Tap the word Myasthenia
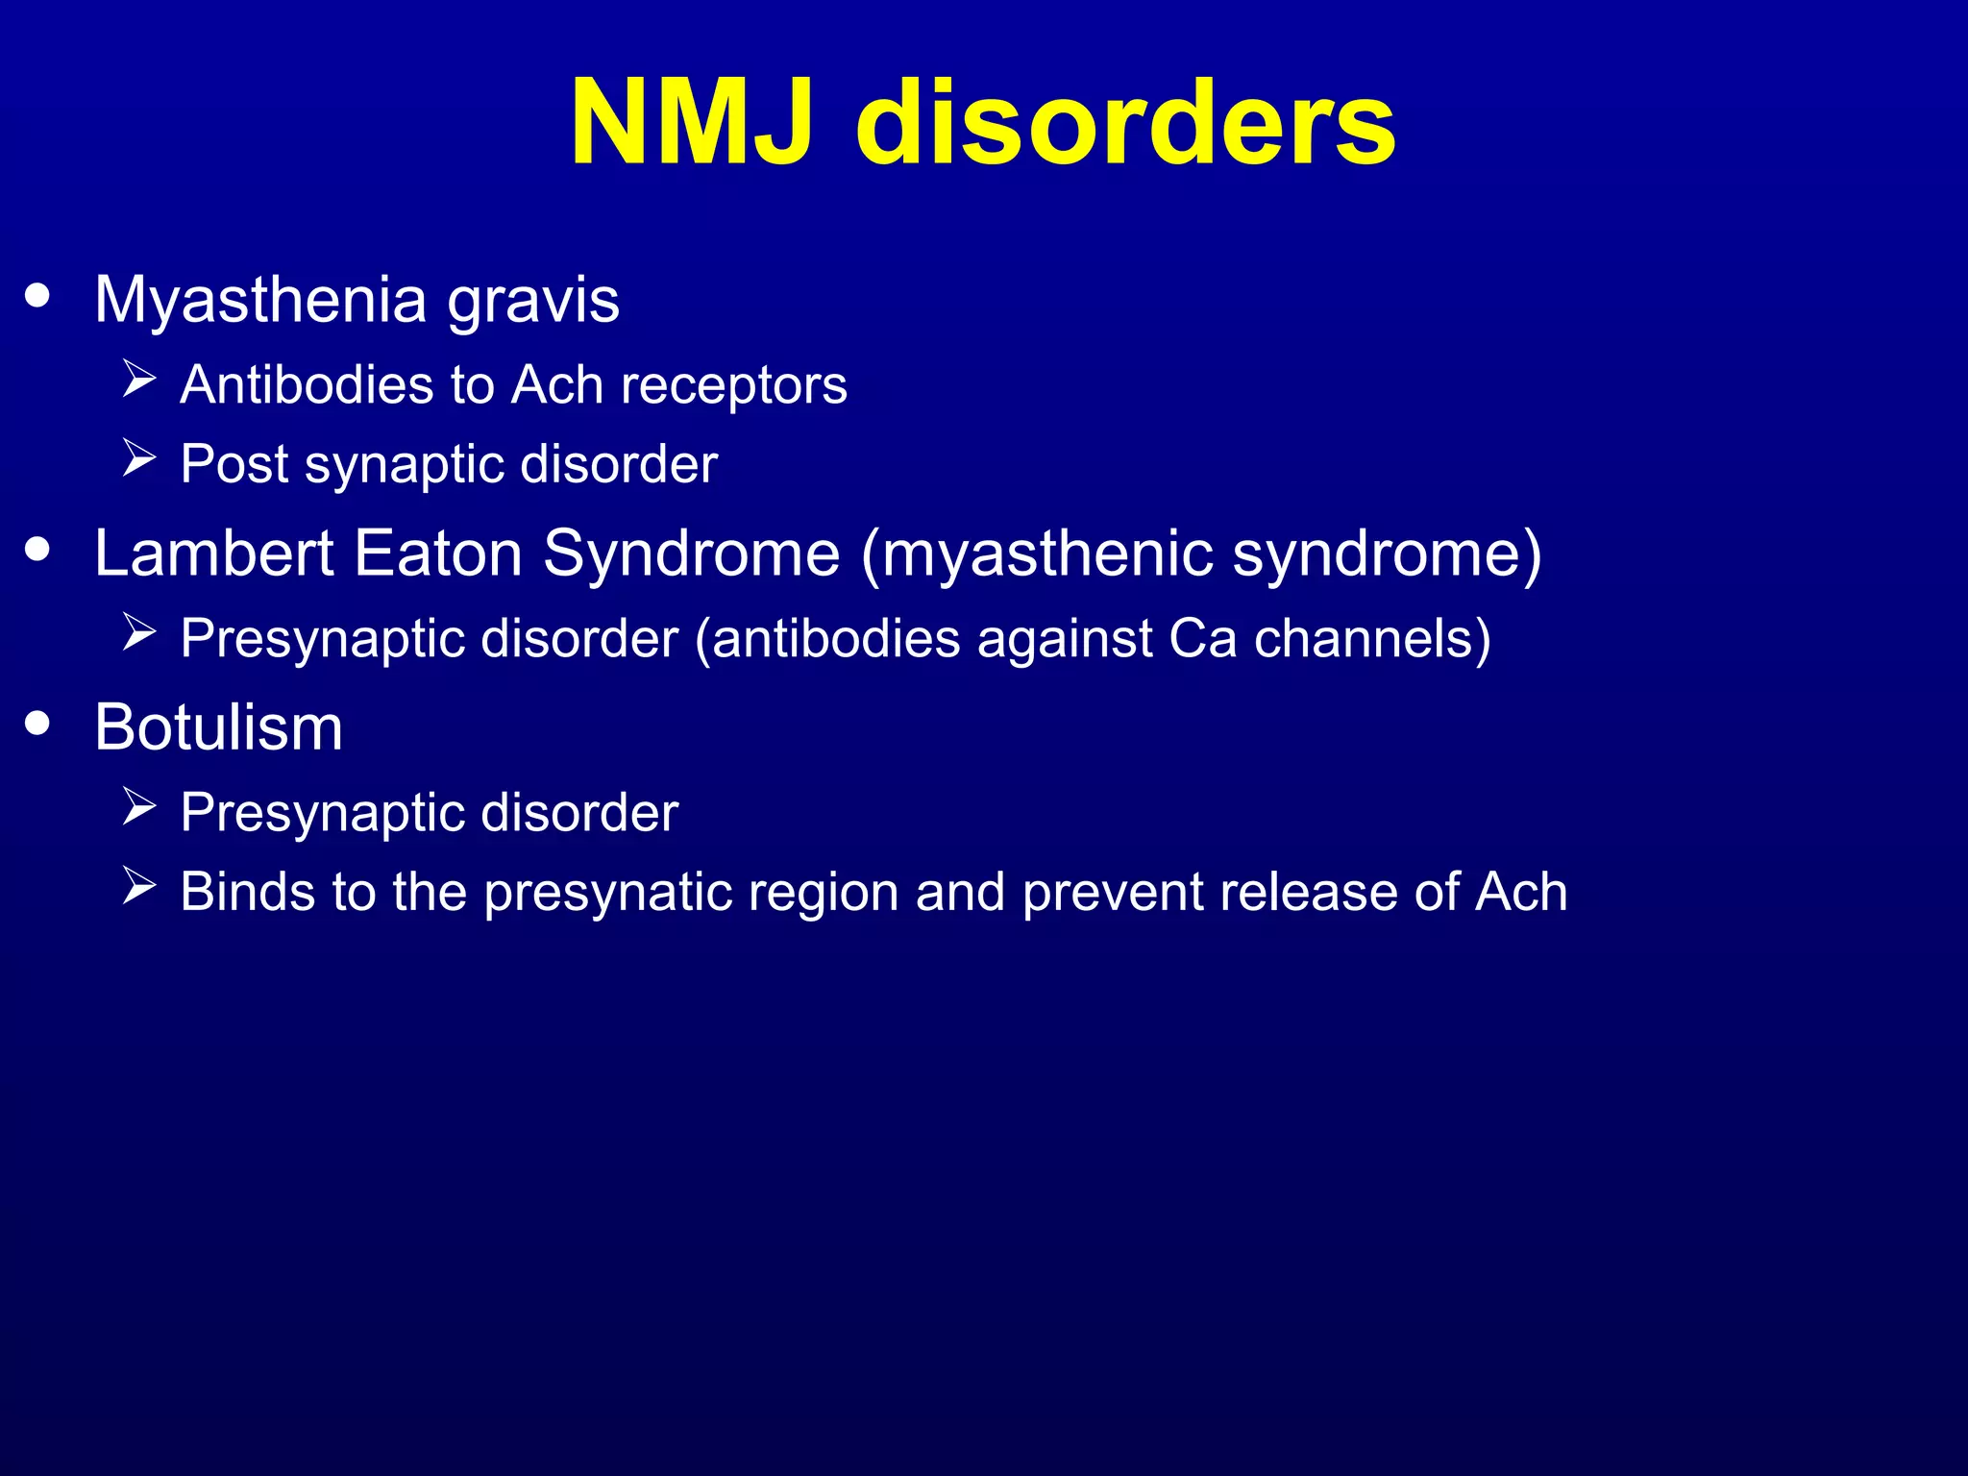pos(260,301)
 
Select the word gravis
pos(533,301)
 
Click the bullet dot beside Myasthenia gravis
pos(37,295)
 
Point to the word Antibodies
pos(307,385)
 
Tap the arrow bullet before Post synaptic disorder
pos(139,458)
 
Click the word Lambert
pos(213,553)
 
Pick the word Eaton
pos(438,553)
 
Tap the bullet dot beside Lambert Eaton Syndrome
pos(37,549)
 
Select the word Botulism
pos(218,727)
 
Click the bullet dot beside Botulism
pos(37,723)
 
